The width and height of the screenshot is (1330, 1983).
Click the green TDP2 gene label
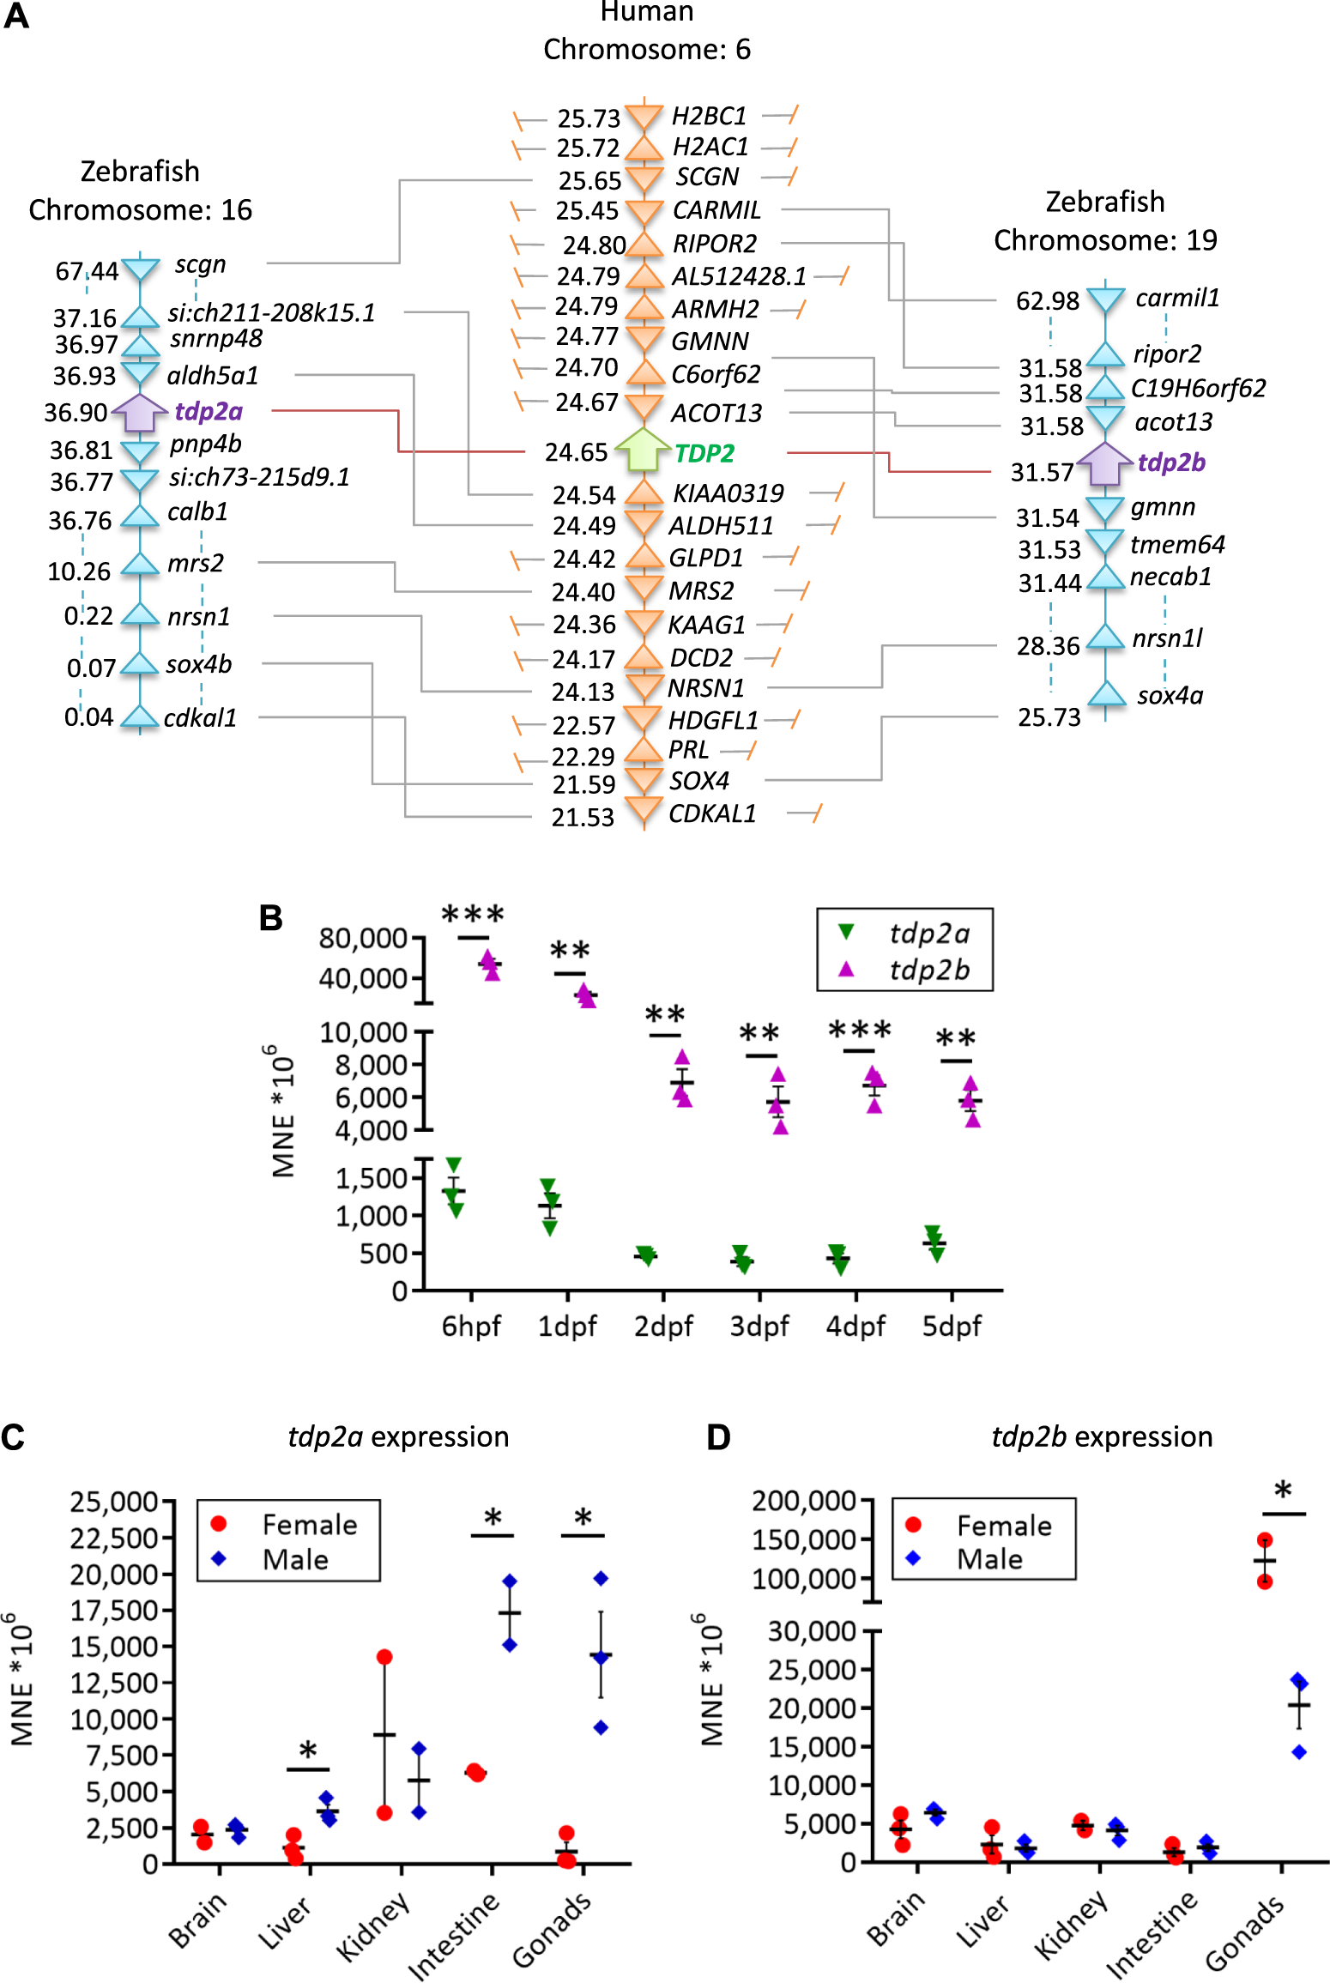tap(704, 452)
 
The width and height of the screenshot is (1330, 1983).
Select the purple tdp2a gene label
tap(209, 411)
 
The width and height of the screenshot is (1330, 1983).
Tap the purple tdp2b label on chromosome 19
tap(1171, 462)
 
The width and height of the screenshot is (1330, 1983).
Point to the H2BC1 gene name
tap(709, 116)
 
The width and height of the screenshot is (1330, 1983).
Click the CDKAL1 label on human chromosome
tap(712, 813)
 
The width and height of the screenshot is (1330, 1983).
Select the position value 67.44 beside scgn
tap(87, 272)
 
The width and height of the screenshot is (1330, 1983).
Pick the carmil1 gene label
tap(1177, 298)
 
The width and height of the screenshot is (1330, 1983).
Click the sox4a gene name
tap(1170, 695)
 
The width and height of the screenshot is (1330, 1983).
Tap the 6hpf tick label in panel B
tap(471, 1326)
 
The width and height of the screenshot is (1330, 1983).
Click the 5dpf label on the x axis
tap(952, 1326)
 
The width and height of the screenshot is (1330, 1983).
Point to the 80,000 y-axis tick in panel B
tap(363, 938)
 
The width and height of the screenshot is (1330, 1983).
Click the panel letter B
tap(271, 918)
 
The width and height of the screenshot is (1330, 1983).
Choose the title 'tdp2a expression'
tap(398, 1436)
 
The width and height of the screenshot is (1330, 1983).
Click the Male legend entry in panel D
tap(989, 1558)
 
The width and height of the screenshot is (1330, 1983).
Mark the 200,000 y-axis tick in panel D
tap(804, 1500)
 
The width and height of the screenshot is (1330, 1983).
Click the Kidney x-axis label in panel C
tap(373, 1926)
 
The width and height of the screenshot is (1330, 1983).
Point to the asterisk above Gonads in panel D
tap(1283, 1490)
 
